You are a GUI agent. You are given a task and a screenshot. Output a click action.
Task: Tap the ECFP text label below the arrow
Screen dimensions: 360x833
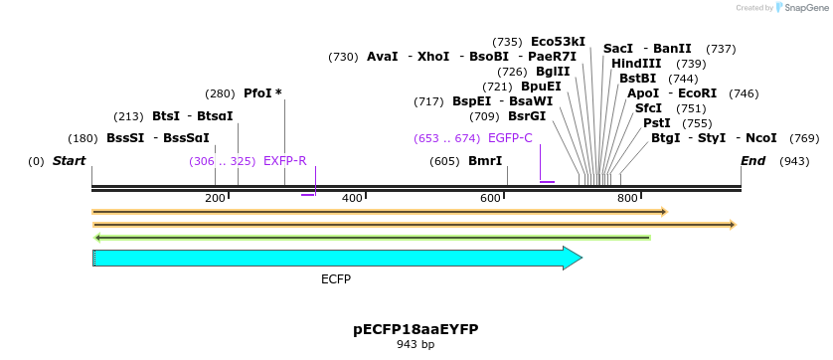point(336,279)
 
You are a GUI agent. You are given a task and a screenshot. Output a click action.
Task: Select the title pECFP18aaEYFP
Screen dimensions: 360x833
point(416,329)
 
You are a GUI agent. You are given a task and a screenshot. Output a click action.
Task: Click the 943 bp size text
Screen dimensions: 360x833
point(416,345)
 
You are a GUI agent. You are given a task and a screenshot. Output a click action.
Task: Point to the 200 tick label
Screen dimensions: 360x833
point(215,199)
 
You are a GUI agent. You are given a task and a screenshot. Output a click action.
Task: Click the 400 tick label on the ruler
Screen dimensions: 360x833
point(352,199)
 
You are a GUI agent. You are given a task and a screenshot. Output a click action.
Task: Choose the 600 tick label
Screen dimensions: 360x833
point(490,199)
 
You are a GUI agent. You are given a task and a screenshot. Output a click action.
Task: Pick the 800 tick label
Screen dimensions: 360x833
point(627,199)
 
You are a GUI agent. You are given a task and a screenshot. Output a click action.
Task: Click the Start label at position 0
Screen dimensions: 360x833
point(69,161)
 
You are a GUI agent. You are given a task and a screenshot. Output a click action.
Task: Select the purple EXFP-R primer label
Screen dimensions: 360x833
point(284,161)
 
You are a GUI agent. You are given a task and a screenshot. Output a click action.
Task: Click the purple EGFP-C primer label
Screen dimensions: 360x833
point(510,138)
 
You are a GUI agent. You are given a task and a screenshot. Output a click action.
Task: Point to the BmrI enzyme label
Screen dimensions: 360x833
point(485,161)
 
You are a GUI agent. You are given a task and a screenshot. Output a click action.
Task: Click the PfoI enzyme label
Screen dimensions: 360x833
point(262,93)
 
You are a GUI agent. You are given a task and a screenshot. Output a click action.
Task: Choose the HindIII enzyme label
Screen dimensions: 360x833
point(636,64)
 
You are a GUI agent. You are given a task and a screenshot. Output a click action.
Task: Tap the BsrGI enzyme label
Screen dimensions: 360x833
point(527,116)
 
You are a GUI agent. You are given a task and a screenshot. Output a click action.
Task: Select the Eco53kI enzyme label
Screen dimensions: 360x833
point(558,42)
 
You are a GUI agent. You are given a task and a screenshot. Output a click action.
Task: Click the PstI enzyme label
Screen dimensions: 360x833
point(656,123)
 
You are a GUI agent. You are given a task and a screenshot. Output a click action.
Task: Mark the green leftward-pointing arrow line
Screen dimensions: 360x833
point(372,238)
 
